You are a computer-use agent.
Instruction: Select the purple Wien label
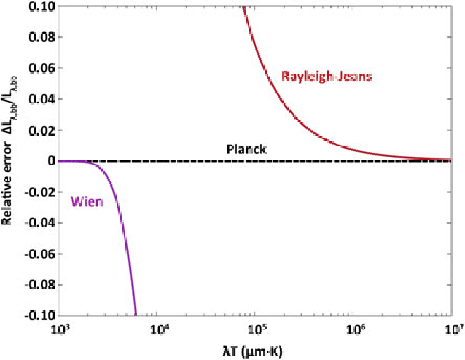pos(85,201)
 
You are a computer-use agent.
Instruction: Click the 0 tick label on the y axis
pos(50,160)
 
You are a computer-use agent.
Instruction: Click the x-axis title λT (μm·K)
pos(255,349)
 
